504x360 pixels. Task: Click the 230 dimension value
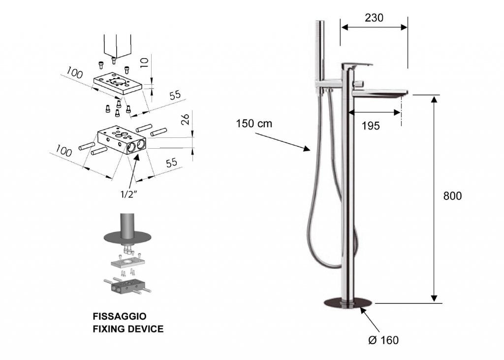(374, 18)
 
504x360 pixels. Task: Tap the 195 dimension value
(371, 126)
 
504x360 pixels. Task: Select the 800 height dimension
(452, 196)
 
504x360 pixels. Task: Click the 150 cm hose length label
(254, 124)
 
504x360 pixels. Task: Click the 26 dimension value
(185, 120)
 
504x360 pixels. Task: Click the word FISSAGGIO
(120, 317)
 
